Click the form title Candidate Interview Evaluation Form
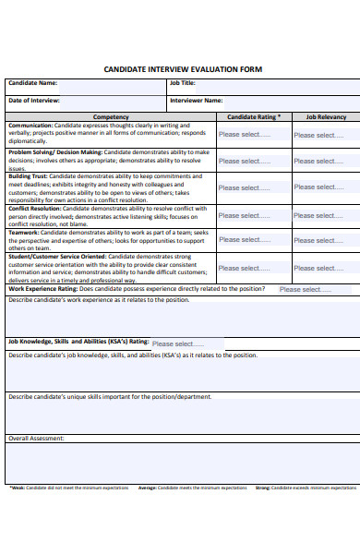coord(183,69)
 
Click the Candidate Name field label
coord(33,83)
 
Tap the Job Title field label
coord(183,83)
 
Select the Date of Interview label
coord(34,100)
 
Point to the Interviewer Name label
coord(197,100)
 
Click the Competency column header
coord(112,117)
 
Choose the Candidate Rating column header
coord(254,117)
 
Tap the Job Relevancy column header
coord(325,117)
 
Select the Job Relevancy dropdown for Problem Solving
coord(318,161)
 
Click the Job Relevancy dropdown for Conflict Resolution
coord(318,215)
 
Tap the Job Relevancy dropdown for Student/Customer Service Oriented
coord(318,267)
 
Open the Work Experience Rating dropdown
coord(305,289)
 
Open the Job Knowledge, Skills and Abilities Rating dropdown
coord(177,343)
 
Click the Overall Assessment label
coord(36,438)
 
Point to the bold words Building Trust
coord(28,175)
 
